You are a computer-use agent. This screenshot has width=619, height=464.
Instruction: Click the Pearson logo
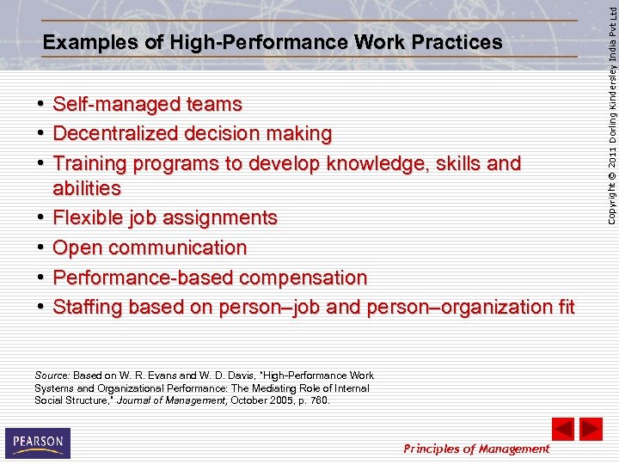pyautogui.click(x=38, y=443)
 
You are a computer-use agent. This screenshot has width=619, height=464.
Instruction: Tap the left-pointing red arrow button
pyautogui.click(x=562, y=429)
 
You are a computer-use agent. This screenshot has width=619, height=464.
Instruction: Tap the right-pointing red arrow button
pyautogui.click(x=591, y=429)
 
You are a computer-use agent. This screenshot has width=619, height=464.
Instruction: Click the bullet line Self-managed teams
pyautogui.click(x=147, y=105)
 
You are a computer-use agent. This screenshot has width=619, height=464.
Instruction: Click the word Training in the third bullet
pyautogui.click(x=89, y=163)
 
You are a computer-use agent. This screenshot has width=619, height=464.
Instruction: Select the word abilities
pyautogui.click(x=87, y=188)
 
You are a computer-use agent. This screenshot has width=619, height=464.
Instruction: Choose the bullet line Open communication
pyautogui.click(x=150, y=247)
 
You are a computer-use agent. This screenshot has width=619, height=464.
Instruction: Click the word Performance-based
pyautogui.click(x=143, y=278)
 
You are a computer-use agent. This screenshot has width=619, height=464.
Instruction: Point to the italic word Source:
pyautogui.click(x=52, y=375)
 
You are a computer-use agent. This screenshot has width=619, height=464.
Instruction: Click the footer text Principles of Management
pyautogui.click(x=476, y=449)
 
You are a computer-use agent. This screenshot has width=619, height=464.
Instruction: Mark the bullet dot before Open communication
pyautogui.click(x=41, y=247)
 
